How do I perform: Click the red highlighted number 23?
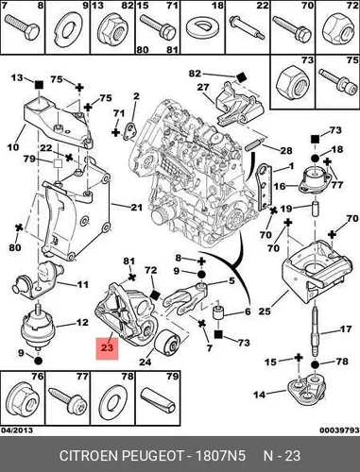pyautogui.click(x=107, y=347)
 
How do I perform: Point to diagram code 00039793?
pyautogui.click(x=339, y=430)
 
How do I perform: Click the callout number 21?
pyautogui.click(x=137, y=208)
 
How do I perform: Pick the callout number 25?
pyautogui.click(x=265, y=312)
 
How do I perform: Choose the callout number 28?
pyautogui.click(x=286, y=151)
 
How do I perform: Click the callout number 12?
pyautogui.click(x=82, y=323)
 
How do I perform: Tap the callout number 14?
pyautogui.click(x=260, y=395)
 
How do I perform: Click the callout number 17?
pyautogui.click(x=346, y=329)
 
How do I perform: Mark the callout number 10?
pyautogui.click(x=13, y=146)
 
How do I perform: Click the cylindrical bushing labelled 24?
pyautogui.click(x=166, y=343)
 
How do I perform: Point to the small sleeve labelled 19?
pyautogui.click(x=315, y=209)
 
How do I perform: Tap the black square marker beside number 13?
pyautogui.click(x=39, y=84)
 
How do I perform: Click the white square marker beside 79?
pyautogui.click(x=58, y=163)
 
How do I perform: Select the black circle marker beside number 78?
pyautogui.click(x=315, y=364)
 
